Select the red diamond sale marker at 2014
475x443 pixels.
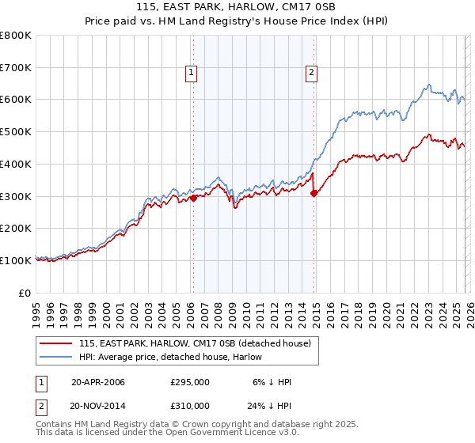[314, 192]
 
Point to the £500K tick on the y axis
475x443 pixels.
[16, 132]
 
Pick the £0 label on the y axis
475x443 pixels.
[25, 293]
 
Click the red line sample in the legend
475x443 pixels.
[57, 343]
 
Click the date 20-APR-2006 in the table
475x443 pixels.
[98, 382]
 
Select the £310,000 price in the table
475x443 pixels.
[190, 405]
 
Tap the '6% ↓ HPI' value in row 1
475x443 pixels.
[272, 382]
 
